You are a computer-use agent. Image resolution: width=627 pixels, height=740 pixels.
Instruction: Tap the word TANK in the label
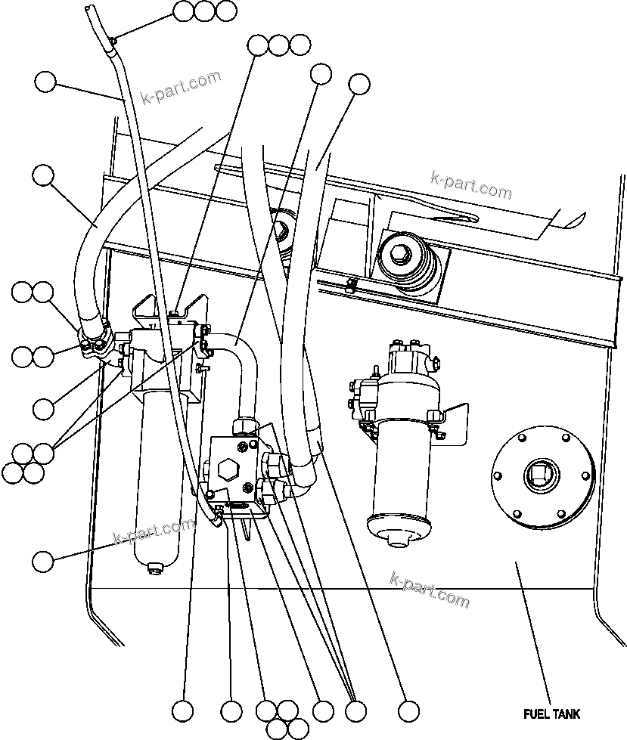pyautogui.click(x=566, y=714)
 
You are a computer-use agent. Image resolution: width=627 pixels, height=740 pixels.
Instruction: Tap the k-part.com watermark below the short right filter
pyautogui.click(x=429, y=589)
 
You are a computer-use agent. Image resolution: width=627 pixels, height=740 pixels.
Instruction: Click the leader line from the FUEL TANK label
pyautogui.click(x=534, y=635)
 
